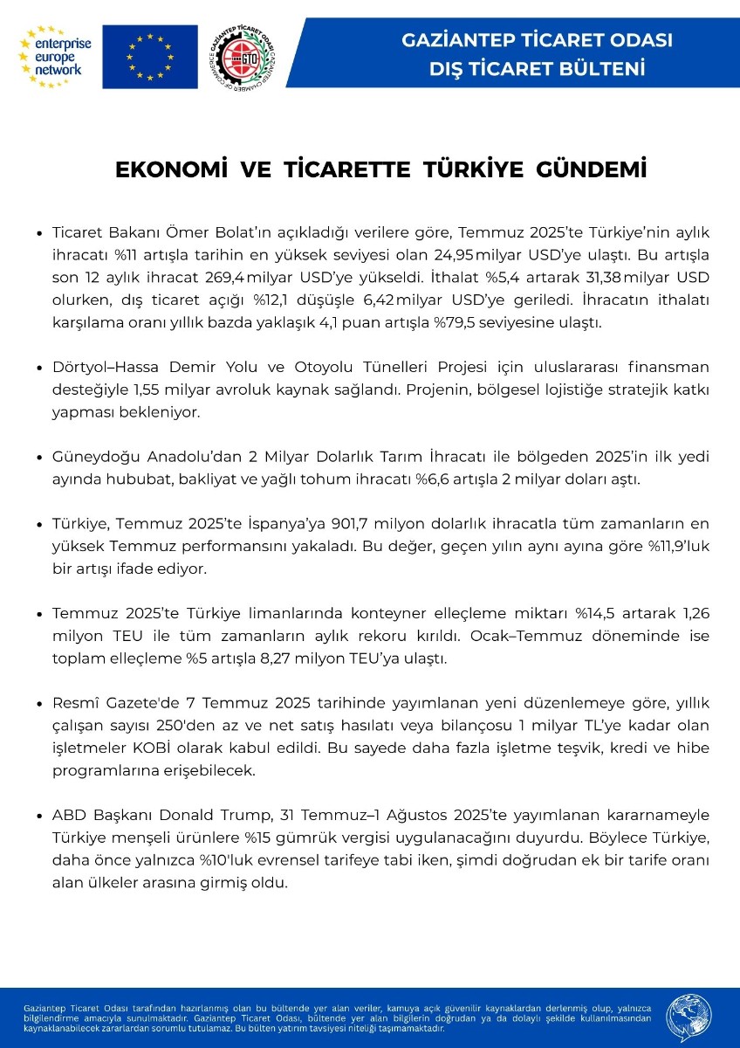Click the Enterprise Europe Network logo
tap(54, 57)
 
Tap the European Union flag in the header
tap(150, 57)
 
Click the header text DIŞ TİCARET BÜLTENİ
tap(537, 67)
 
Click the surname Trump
tap(242, 817)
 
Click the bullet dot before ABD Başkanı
tap(39, 817)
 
